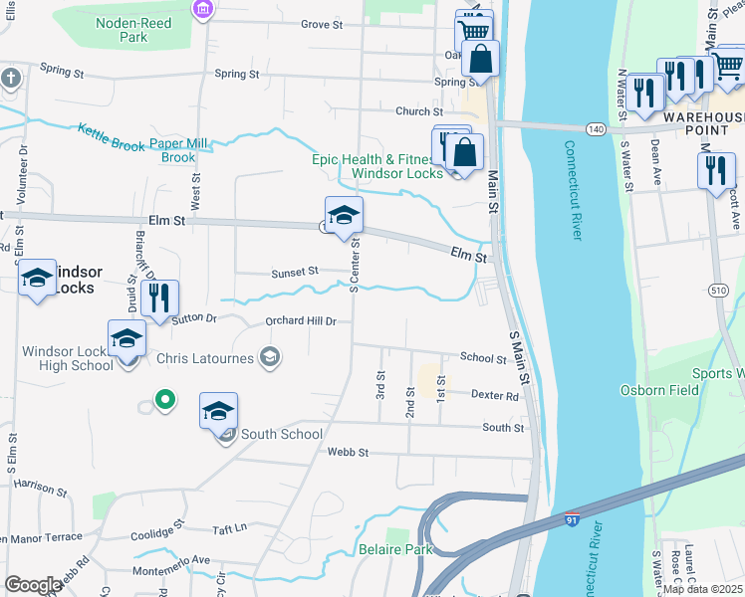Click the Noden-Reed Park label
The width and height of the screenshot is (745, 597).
pos(133,30)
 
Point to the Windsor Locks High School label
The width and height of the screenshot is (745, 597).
pos(68,358)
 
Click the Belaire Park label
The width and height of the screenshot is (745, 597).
pos(396,549)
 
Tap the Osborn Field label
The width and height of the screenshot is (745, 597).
pos(660,390)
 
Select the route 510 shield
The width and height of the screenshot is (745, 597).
pos(719,290)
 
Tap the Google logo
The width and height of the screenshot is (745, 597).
pos(33,585)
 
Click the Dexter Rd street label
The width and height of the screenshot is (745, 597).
pos(495,395)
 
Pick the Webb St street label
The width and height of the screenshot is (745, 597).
pos(348,452)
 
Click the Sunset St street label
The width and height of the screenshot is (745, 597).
pos(294,271)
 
